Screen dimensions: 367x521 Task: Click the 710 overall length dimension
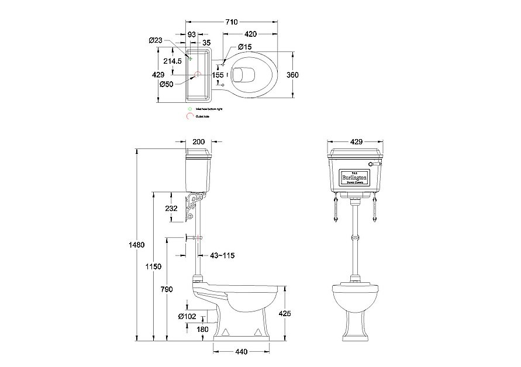232,22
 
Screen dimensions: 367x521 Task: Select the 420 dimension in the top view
252,34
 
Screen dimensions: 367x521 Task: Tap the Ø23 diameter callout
155,40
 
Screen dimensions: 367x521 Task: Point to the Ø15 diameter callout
244,47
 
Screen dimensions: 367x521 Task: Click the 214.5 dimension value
172,61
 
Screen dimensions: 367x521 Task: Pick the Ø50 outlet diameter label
166,85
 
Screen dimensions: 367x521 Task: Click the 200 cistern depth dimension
199,142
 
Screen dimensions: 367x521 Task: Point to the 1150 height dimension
153,266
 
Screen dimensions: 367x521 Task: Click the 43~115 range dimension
222,255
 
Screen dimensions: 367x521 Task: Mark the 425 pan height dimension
284,313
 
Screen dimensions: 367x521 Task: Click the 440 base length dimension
241,352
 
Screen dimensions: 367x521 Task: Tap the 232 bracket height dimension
171,207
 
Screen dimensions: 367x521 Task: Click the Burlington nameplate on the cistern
354,176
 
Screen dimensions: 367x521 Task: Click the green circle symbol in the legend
189,109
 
